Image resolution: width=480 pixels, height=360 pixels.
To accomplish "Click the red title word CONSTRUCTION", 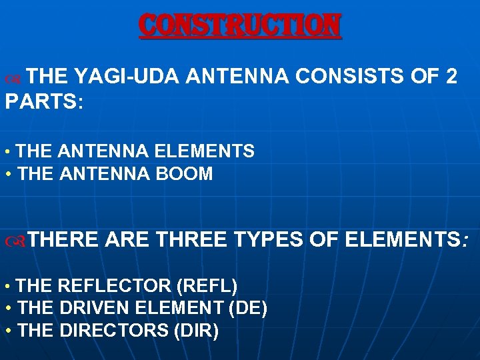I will tap(240, 26).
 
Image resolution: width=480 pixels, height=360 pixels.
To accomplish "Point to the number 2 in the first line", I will tap(450, 77).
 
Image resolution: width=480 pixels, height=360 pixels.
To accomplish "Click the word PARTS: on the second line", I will tap(44, 103).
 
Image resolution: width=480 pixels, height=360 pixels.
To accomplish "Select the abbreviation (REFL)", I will tap(207, 286).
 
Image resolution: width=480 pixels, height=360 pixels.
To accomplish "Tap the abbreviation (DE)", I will tap(248, 309).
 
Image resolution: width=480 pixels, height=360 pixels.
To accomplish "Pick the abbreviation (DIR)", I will tap(196, 331).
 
